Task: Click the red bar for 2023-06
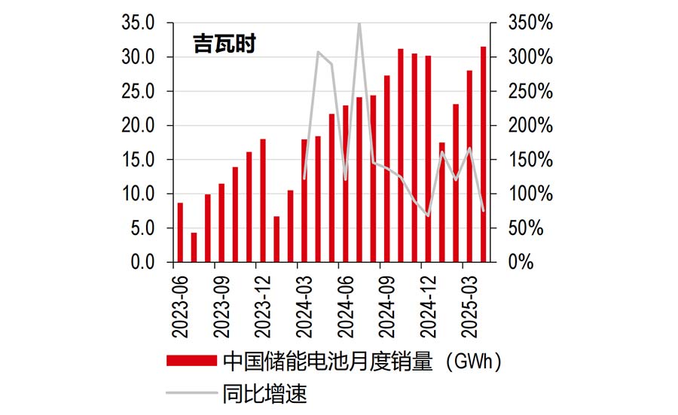(x=180, y=233)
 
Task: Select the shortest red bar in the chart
(x=194, y=248)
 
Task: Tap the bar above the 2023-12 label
(x=263, y=200)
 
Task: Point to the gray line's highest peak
(x=359, y=24)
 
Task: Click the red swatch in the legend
(x=192, y=362)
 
